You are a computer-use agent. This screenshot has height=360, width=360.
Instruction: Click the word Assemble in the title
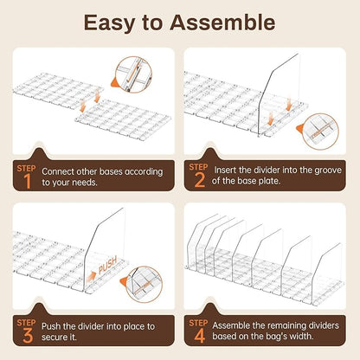[222, 22]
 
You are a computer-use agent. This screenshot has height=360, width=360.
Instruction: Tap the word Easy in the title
[109, 23]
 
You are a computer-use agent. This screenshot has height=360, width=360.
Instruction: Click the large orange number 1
[27, 182]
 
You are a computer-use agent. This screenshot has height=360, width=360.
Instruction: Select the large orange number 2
[200, 180]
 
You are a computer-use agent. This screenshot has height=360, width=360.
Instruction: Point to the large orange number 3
[28, 335]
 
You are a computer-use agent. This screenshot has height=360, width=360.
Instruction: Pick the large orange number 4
[200, 335]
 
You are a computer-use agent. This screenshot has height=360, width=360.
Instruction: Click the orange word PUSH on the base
[108, 265]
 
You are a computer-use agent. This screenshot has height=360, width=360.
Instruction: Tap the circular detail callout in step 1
[133, 74]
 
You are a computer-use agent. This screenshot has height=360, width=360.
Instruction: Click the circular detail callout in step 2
[320, 132]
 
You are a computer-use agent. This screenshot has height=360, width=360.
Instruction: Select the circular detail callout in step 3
[145, 285]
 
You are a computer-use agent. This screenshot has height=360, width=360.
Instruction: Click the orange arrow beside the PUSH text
[91, 277]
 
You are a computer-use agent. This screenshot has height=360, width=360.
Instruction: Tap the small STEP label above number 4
[198, 323]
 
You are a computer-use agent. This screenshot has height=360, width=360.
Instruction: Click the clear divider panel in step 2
[280, 95]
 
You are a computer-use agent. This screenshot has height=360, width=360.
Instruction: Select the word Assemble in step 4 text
[231, 325]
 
